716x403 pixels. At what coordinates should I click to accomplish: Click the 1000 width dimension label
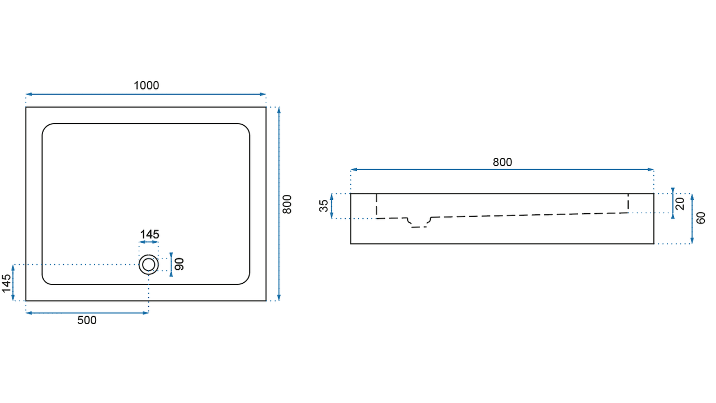pyautogui.click(x=146, y=86)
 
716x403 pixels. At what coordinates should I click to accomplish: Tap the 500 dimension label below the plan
pyautogui.click(x=87, y=320)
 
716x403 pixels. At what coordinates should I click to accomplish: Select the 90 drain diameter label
pyautogui.click(x=180, y=264)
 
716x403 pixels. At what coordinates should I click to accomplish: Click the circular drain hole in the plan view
pyautogui.click(x=149, y=265)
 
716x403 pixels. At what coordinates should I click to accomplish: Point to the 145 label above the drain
pyautogui.click(x=149, y=235)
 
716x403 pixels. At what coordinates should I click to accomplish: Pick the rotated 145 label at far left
pyautogui.click(x=6, y=283)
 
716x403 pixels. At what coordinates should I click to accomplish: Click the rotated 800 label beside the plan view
pyautogui.click(x=287, y=204)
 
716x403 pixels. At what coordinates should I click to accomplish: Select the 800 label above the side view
pyautogui.click(x=502, y=162)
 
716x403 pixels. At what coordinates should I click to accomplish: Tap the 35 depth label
pyautogui.click(x=323, y=205)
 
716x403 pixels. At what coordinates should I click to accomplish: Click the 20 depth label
pyautogui.click(x=680, y=204)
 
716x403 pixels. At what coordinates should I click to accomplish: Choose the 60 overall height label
pyautogui.click(x=700, y=218)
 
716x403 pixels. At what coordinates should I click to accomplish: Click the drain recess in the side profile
pyautogui.click(x=419, y=223)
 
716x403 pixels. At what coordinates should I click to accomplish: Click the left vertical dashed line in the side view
pyautogui.click(x=376, y=206)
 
